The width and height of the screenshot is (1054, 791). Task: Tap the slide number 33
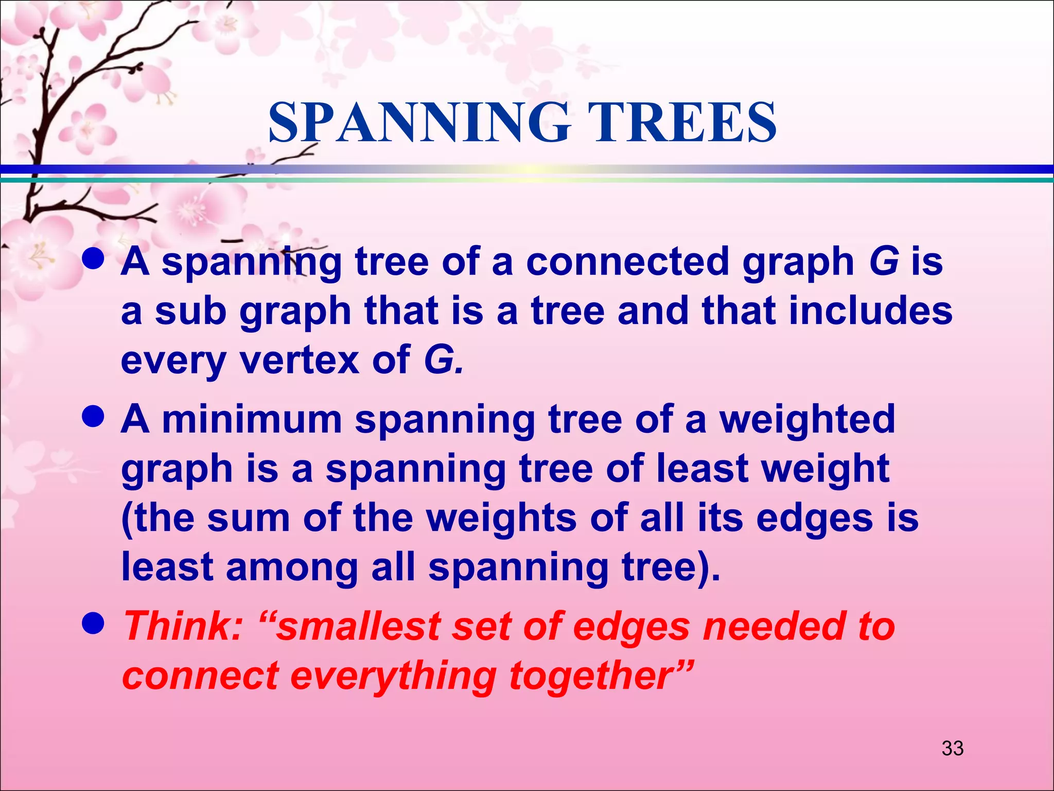[952, 748]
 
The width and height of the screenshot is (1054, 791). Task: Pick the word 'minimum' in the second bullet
[252, 419]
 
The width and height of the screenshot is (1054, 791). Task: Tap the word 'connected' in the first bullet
[627, 262]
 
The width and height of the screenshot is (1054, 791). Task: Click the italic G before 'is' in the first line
[883, 262]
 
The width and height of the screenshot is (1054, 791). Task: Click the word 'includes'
[870, 311]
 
